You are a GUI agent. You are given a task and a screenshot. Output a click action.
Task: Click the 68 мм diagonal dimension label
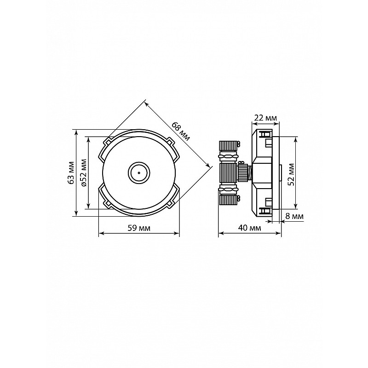click(x=180, y=131)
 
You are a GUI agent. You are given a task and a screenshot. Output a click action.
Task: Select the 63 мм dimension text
click(x=71, y=172)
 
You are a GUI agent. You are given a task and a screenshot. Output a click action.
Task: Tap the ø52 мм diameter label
click(x=83, y=172)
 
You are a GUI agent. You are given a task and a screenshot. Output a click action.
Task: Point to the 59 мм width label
click(x=139, y=228)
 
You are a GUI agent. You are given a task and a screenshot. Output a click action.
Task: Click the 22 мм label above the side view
click(x=266, y=118)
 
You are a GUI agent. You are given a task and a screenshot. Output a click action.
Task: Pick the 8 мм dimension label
click(x=294, y=216)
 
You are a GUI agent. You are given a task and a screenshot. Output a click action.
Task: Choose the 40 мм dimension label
click(x=249, y=228)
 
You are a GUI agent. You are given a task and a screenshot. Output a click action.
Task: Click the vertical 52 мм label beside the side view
click(x=291, y=175)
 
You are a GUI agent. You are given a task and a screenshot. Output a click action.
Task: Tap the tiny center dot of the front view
click(x=139, y=173)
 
